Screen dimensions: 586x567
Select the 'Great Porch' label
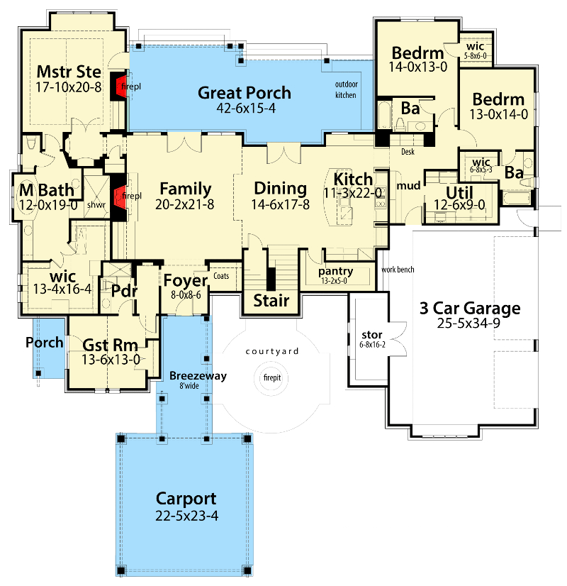[x=245, y=92]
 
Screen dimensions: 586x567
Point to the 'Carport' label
[x=188, y=499]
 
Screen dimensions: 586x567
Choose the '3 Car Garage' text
[x=470, y=309]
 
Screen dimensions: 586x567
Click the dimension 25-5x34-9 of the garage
[x=470, y=324]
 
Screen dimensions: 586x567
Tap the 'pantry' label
[x=336, y=271]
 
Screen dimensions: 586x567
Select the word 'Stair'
[x=272, y=300]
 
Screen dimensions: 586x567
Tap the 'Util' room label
[x=459, y=192]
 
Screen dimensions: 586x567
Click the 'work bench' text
[x=397, y=270]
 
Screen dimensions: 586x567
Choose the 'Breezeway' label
[x=198, y=376]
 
